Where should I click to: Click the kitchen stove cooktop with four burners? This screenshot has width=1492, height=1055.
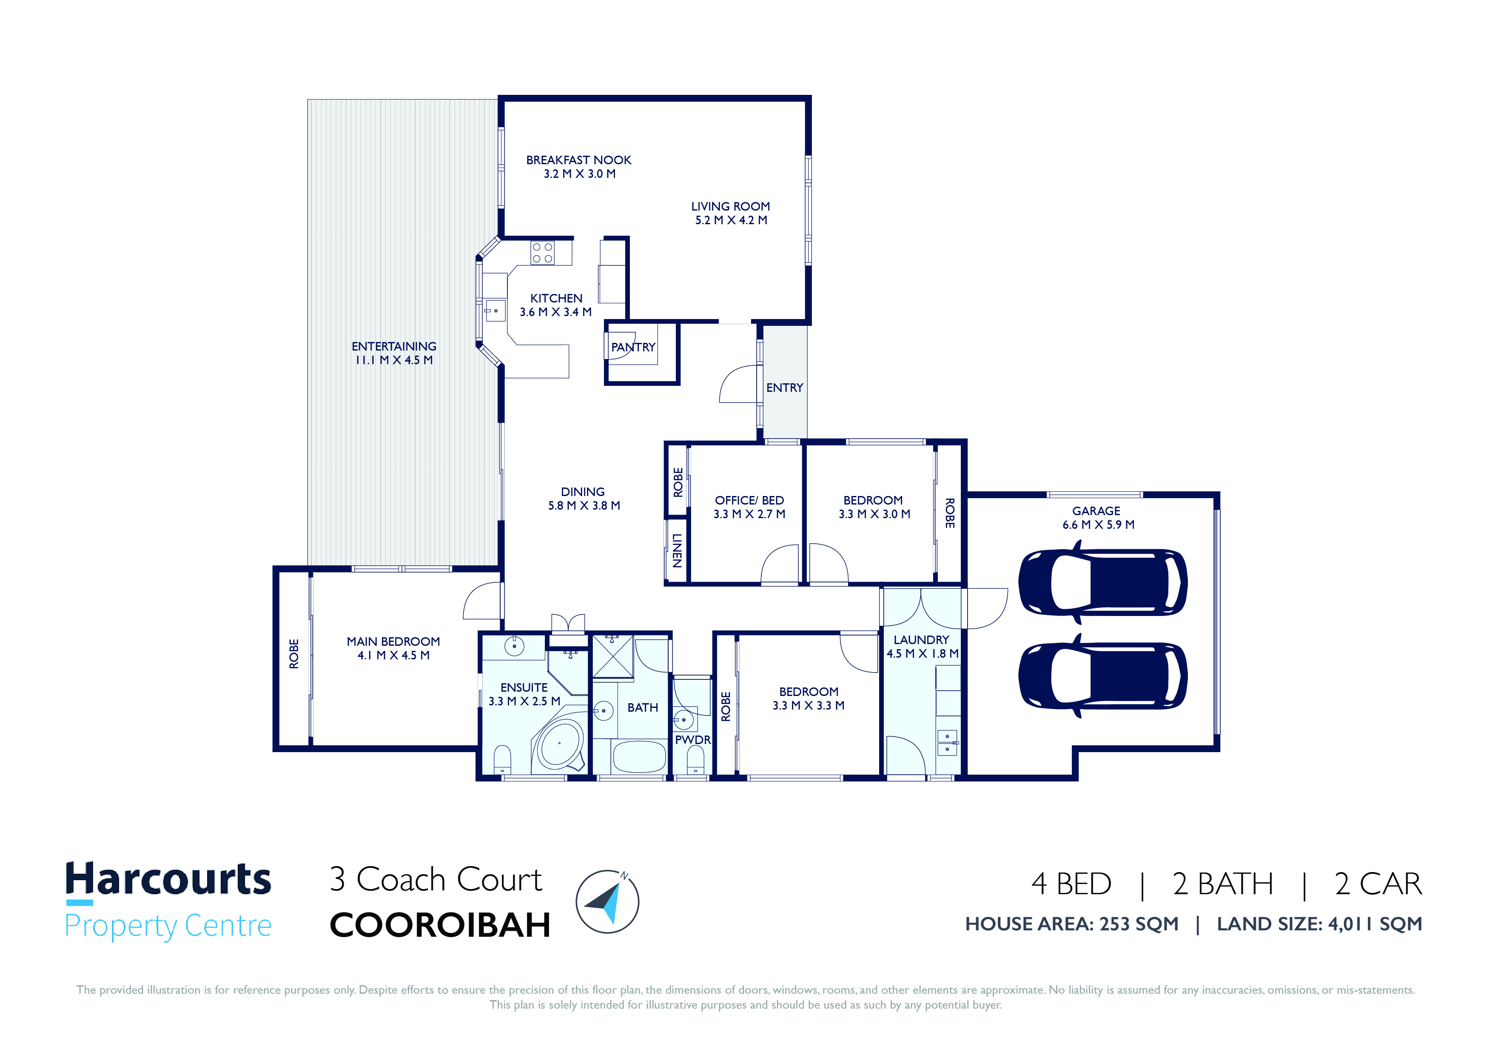[543, 253]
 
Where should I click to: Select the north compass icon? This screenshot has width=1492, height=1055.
[608, 901]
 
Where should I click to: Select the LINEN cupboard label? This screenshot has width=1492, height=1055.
[677, 550]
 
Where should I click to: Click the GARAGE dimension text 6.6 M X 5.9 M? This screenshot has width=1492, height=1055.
[1098, 525]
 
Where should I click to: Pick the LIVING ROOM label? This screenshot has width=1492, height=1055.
[730, 206]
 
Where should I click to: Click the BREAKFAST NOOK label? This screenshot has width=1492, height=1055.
[578, 160]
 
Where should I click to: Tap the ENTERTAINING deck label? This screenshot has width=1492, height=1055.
[394, 346]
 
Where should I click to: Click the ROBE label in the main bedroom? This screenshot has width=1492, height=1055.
[294, 653]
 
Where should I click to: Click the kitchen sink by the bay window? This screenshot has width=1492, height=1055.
[495, 311]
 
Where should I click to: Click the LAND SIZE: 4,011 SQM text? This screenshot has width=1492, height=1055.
[1319, 924]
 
